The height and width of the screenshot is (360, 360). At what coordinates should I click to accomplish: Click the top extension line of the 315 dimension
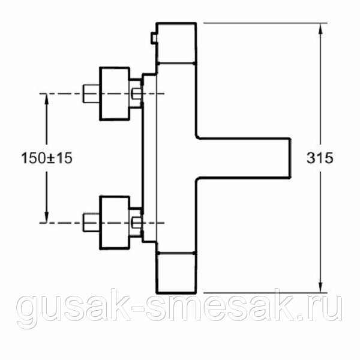click(x=264, y=23)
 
